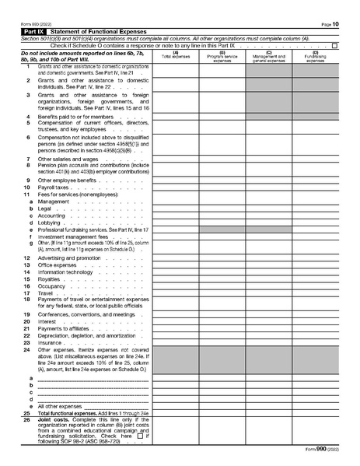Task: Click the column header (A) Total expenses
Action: [x=175, y=55]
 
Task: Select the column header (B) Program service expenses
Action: [x=222, y=56]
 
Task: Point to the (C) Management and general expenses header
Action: [x=268, y=56]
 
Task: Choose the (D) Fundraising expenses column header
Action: [x=315, y=56]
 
